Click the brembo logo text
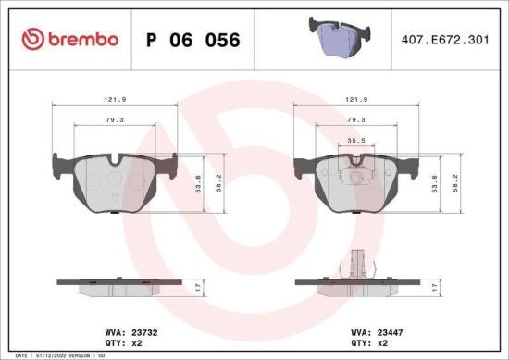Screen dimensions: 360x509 [x=83, y=39]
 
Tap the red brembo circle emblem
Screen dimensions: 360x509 [x=31, y=39]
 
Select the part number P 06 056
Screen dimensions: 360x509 [x=193, y=40]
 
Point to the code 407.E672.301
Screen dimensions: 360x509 [x=445, y=40]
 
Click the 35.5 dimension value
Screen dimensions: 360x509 [x=354, y=141]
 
